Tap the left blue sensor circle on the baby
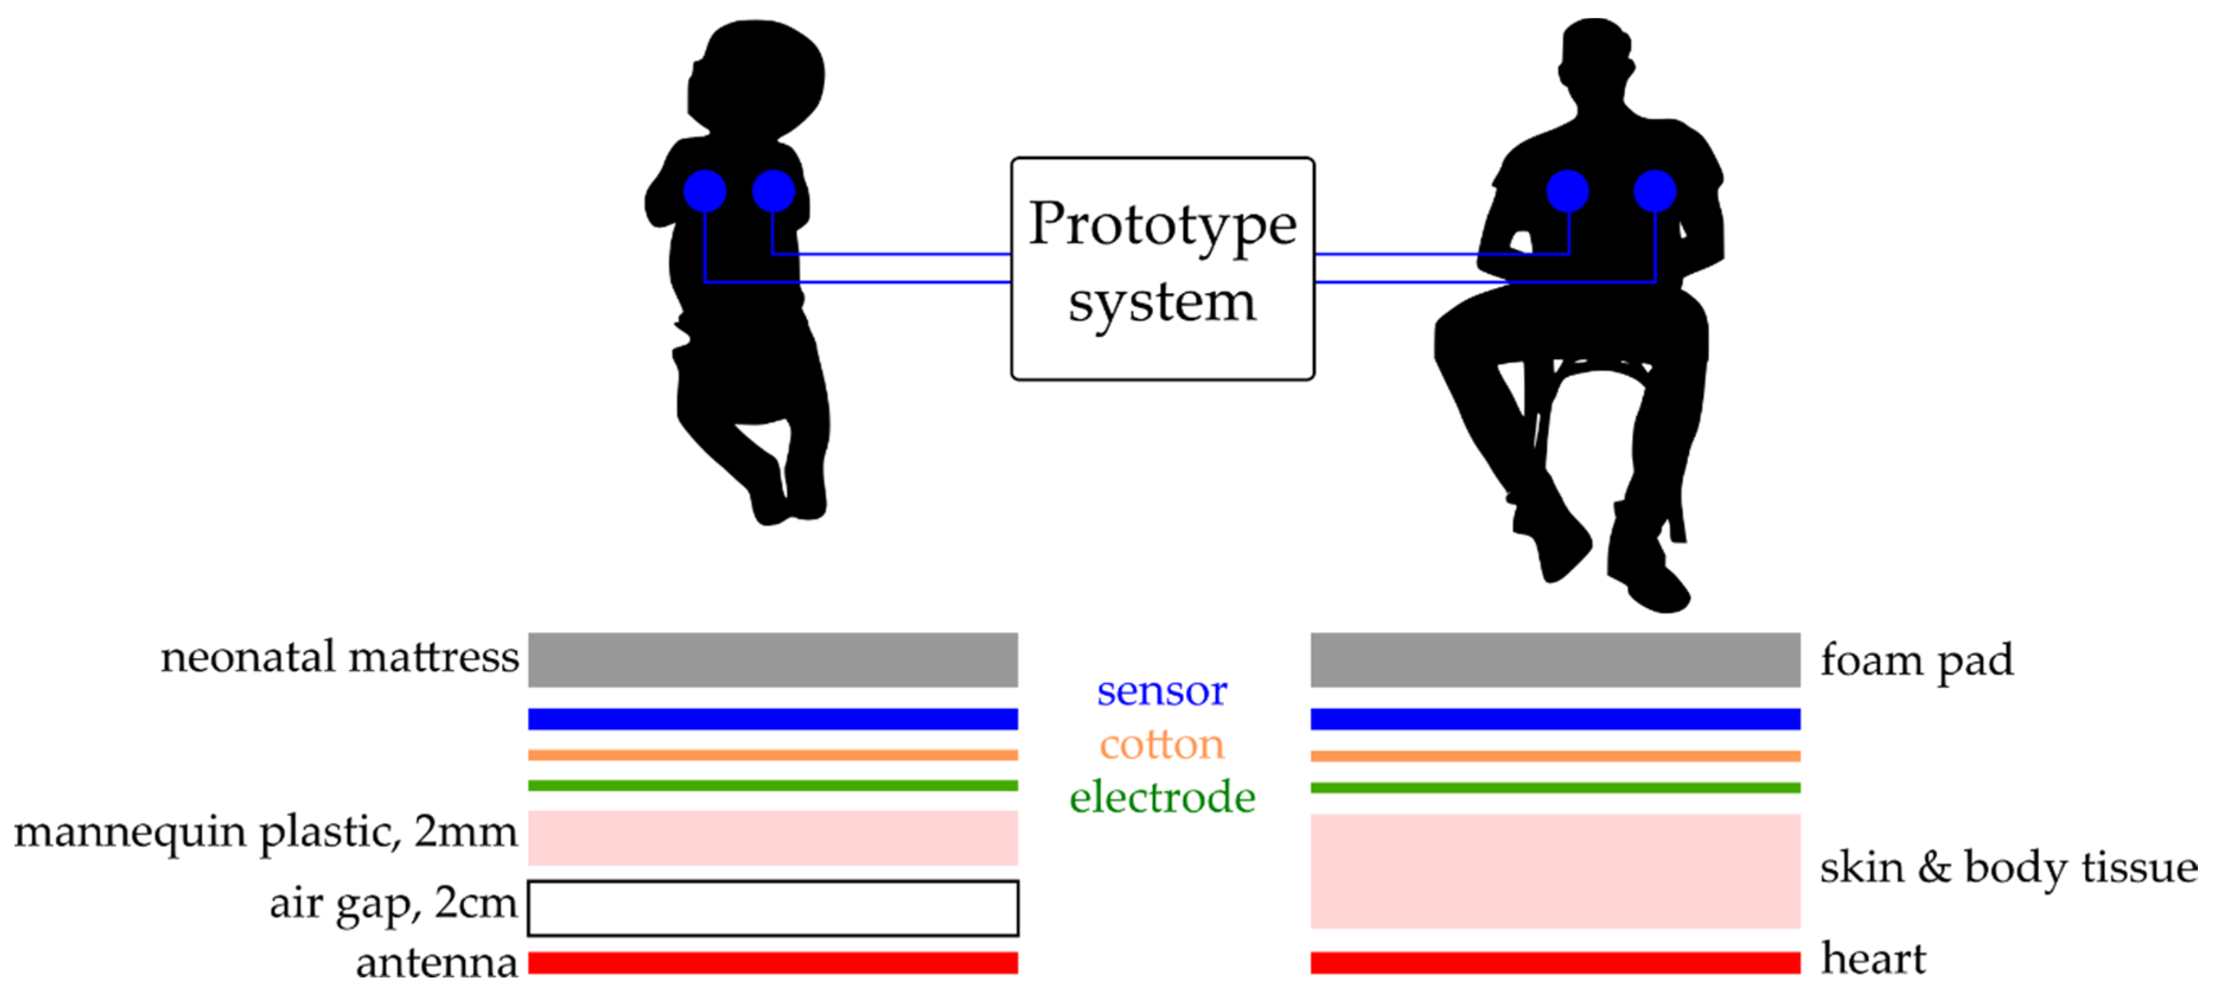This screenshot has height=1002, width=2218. [x=704, y=190]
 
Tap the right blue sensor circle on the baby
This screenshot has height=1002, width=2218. [x=773, y=190]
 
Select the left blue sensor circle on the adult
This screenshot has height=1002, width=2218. [x=1567, y=190]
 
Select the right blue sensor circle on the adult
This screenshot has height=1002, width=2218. [x=1654, y=190]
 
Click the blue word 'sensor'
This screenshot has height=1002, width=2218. [x=1161, y=691]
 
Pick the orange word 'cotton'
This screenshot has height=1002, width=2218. [x=1161, y=745]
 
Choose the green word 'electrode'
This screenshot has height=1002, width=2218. [x=1161, y=797]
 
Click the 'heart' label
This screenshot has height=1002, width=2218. [x=1874, y=959]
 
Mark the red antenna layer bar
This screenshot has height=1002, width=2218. [x=773, y=962]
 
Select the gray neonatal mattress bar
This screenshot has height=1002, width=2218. [x=773, y=659]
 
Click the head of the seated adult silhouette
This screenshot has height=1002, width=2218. [x=1595, y=56]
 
